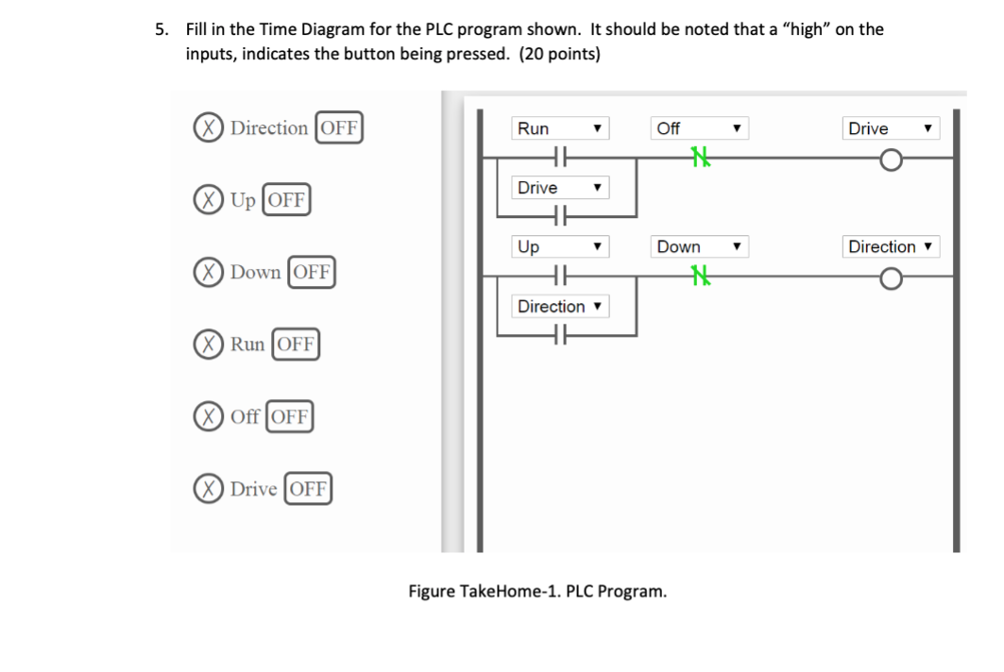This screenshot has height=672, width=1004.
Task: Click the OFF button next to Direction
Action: click(339, 127)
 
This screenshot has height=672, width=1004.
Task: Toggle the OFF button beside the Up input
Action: click(286, 200)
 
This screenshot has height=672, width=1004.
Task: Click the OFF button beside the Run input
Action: click(296, 344)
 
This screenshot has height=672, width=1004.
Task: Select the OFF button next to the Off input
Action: click(290, 416)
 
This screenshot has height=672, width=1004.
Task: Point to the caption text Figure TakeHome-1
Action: click(536, 592)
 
